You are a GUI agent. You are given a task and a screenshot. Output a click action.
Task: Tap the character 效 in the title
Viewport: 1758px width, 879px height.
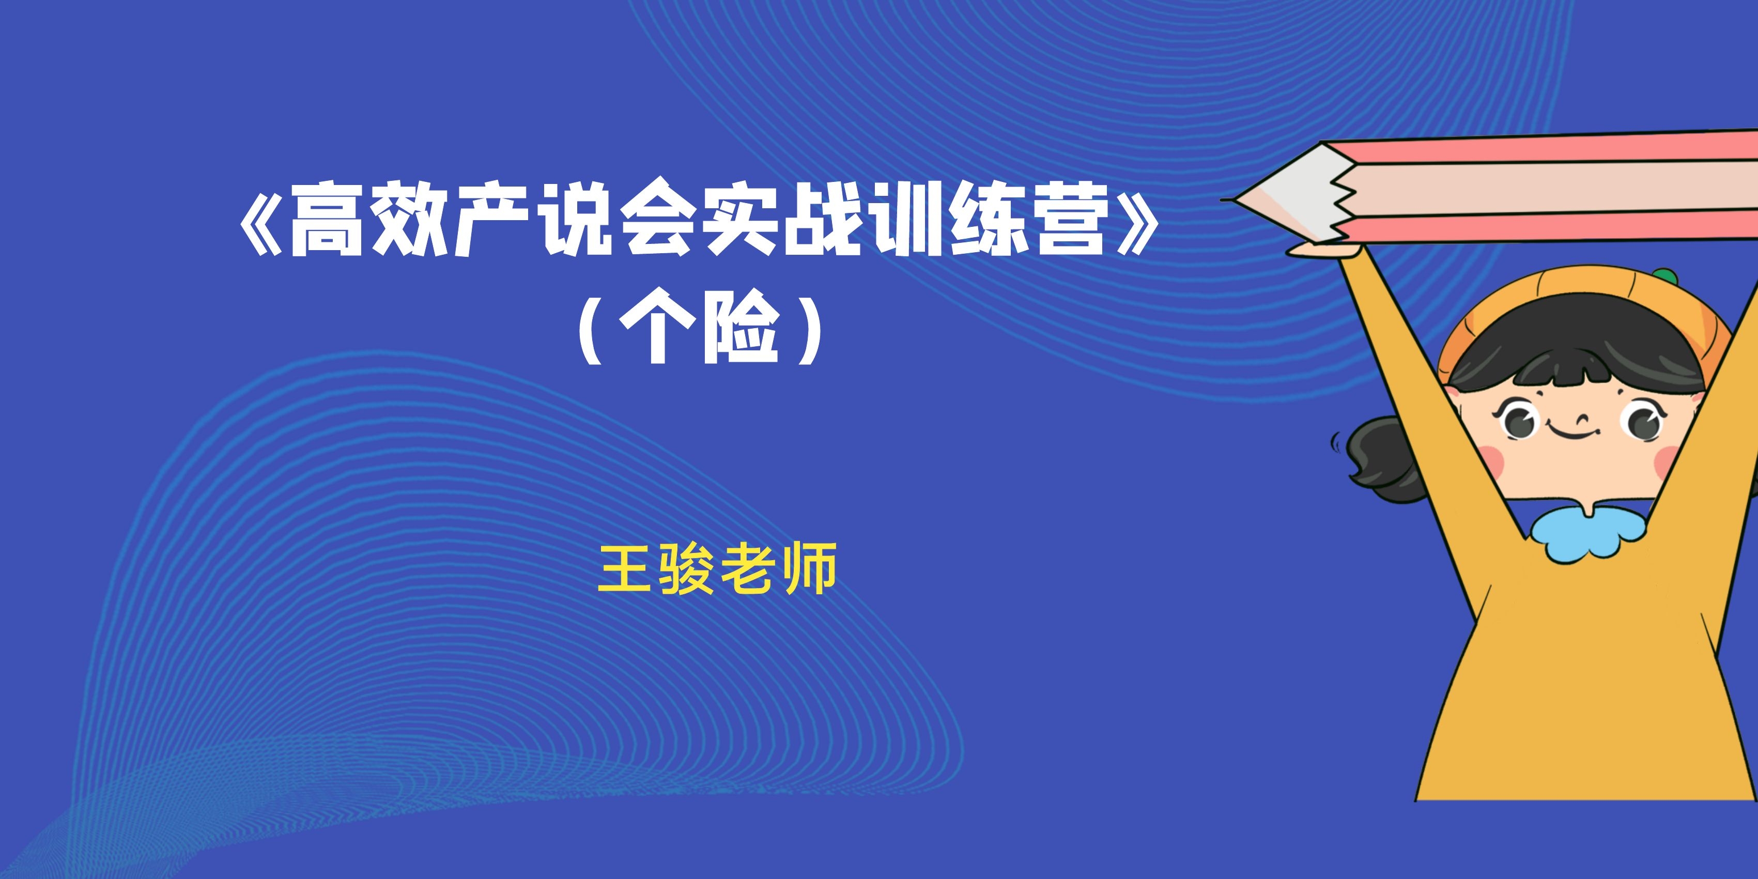[x=409, y=219]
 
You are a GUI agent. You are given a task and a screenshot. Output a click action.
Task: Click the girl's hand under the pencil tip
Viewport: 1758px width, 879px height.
[x=1317, y=251]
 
